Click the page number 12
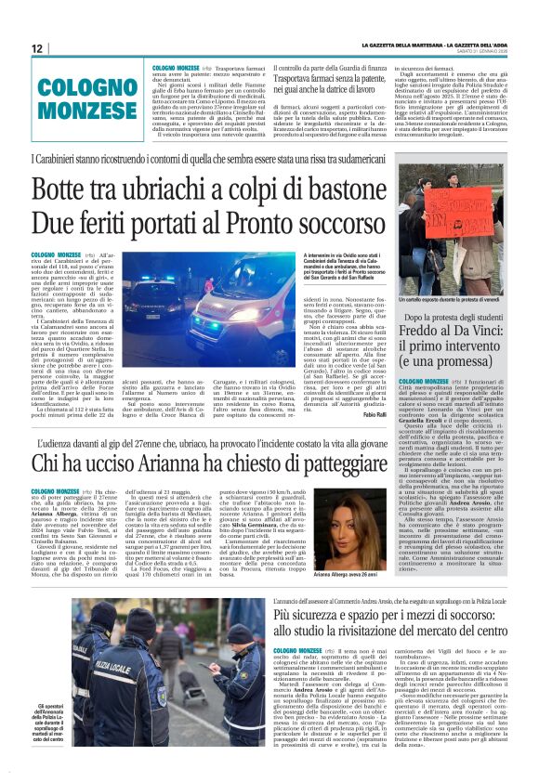coord(37,49)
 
